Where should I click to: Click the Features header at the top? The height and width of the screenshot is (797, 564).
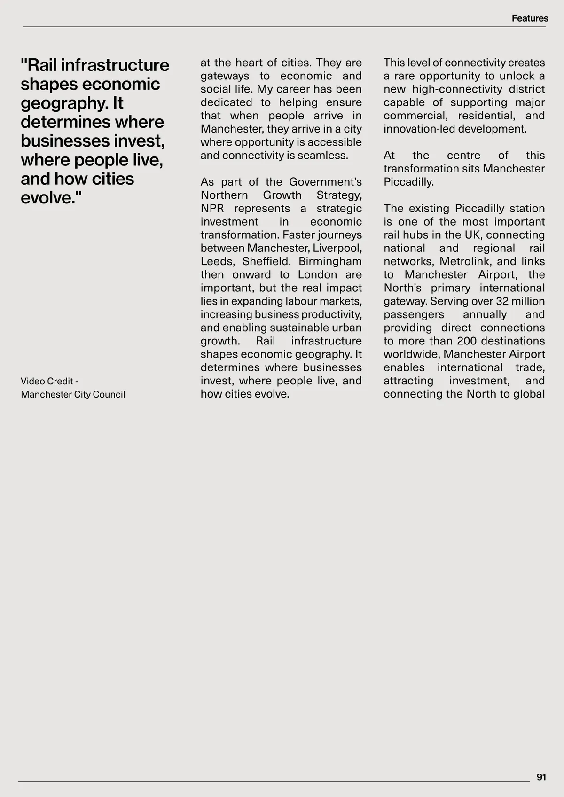point(530,18)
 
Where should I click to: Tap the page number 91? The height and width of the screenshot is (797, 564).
point(541,777)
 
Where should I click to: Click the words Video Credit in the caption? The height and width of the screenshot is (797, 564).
point(47,381)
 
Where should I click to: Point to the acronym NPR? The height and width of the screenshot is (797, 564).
point(212,208)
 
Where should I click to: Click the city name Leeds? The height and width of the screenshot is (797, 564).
point(217,261)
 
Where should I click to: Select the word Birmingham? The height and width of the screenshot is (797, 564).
point(330,261)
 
